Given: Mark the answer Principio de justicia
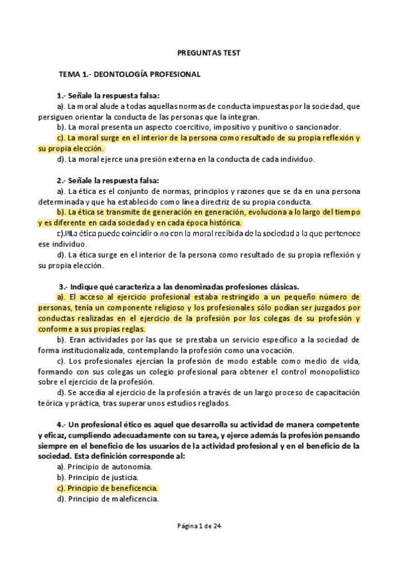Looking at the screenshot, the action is (x=102, y=477).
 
